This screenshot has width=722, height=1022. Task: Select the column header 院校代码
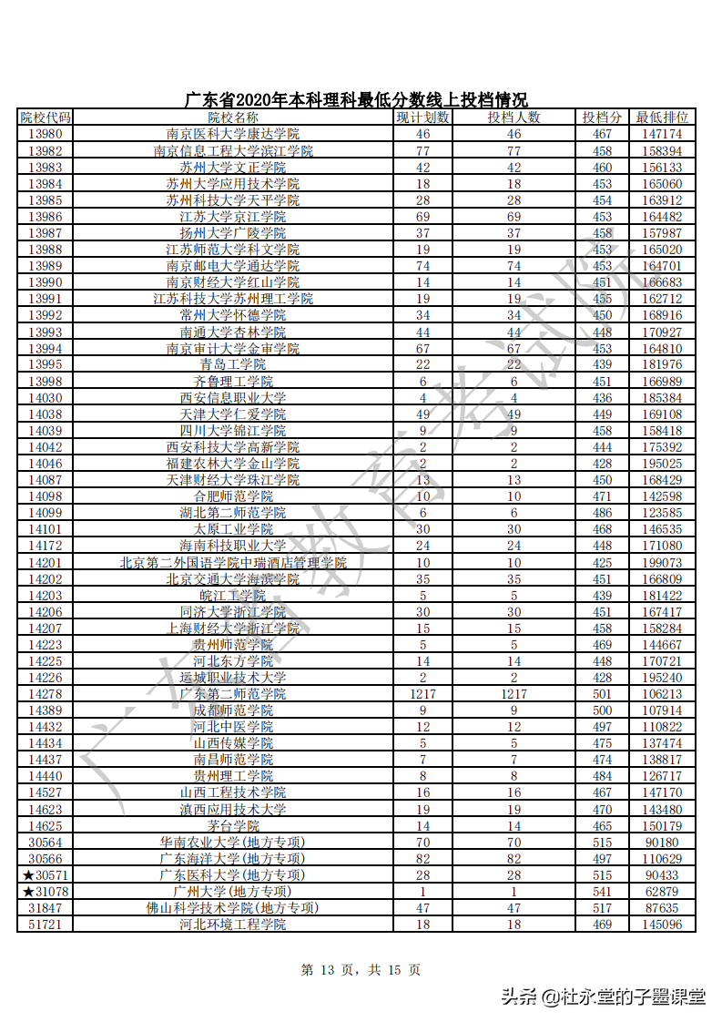tap(45, 118)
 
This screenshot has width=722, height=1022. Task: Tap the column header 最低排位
tap(662, 118)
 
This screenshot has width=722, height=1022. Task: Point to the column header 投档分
tap(602, 118)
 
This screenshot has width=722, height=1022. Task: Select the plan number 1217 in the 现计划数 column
tap(423, 694)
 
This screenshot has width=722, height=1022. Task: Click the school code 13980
tap(45, 134)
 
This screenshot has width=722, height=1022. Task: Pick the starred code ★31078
tap(45, 892)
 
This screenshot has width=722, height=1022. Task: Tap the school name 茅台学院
tap(233, 826)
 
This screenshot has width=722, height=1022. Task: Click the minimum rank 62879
tap(662, 892)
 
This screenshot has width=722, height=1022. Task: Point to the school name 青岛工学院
tap(233, 364)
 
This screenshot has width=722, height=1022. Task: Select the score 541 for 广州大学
tap(602, 892)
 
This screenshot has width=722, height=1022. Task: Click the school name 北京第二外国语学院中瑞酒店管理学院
tap(233, 563)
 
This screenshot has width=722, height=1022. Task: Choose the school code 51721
tap(45, 925)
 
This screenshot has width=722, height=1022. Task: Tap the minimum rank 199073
tap(662, 563)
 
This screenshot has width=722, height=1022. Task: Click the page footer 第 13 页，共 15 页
tap(361, 970)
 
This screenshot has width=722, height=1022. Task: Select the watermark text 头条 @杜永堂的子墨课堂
tap(603, 996)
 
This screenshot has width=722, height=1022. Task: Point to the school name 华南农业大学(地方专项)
tap(233, 843)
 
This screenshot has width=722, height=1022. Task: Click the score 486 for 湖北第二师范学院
tap(602, 513)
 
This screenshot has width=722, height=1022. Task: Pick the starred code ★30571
tap(45, 875)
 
